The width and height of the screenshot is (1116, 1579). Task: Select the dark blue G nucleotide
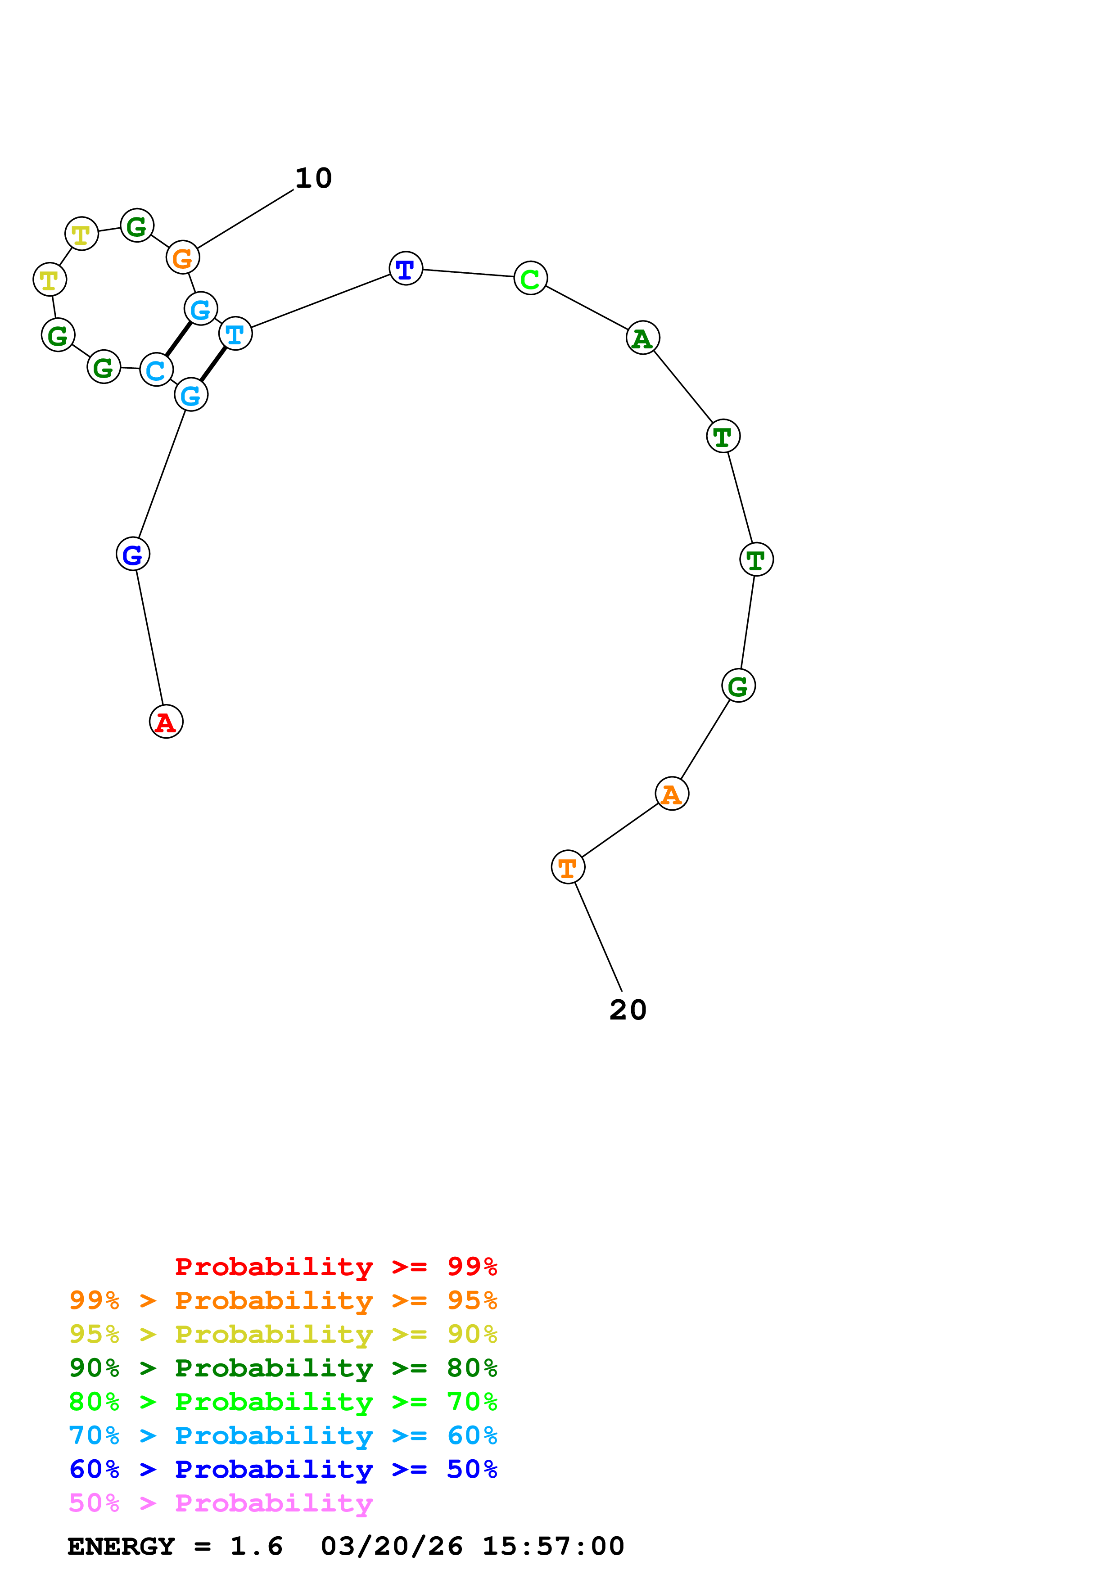(x=133, y=554)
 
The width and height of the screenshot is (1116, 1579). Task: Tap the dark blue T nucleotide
(x=406, y=268)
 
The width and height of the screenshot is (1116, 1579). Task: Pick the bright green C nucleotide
(x=530, y=278)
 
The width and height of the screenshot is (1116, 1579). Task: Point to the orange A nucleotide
(x=672, y=794)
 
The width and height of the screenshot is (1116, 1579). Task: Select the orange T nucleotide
(x=568, y=867)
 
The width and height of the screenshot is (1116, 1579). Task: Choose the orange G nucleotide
(x=182, y=258)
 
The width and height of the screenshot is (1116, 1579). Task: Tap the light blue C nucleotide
(x=156, y=370)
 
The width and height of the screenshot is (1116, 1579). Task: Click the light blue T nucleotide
(x=235, y=334)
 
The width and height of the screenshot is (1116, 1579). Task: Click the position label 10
(x=314, y=179)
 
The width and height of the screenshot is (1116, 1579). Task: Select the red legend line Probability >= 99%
(x=335, y=1267)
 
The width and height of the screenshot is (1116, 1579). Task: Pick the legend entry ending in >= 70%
(x=283, y=1402)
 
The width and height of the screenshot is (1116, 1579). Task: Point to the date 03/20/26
(x=391, y=1546)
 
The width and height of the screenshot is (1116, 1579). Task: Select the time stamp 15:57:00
(x=553, y=1546)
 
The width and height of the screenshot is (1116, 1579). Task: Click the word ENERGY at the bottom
(x=121, y=1546)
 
